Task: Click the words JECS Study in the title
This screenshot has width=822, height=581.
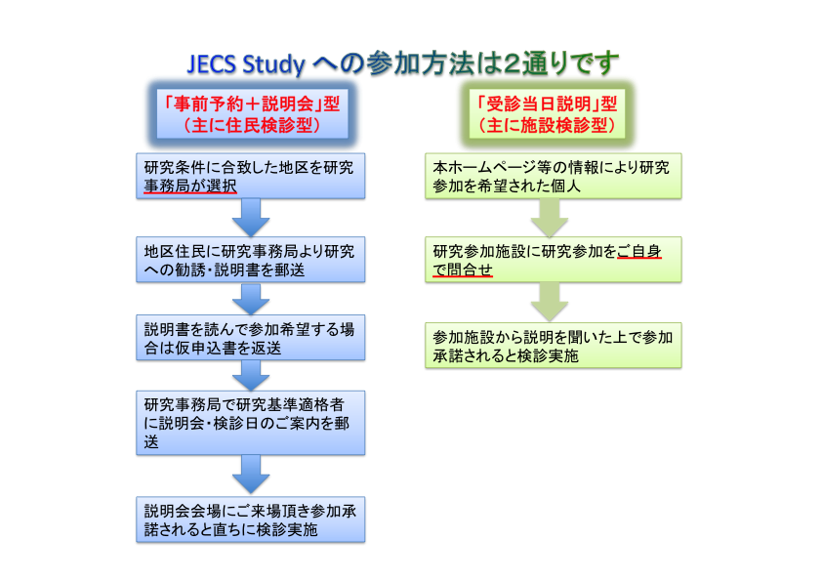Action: [246, 64]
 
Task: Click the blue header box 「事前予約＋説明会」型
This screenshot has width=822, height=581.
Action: [252, 114]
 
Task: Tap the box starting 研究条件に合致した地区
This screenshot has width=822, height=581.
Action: [251, 176]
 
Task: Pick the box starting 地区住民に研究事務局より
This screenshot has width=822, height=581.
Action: [251, 260]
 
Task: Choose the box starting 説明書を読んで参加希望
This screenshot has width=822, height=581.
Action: [251, 338]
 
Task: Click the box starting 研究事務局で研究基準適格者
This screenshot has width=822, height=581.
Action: [251, 423]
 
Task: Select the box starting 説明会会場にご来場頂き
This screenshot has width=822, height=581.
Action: [251, 519]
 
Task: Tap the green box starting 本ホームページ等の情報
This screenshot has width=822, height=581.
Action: [554, 176]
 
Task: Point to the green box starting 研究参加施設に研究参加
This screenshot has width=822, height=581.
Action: [554, 260]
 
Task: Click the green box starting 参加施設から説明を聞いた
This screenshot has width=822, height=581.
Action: [554, 346]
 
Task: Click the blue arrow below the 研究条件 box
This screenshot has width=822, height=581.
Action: [251, 218]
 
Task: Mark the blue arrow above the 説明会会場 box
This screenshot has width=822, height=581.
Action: [251, 475]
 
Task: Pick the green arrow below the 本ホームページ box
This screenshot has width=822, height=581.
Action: [550, 218]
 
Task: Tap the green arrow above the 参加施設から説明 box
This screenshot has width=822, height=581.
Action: [550, 302]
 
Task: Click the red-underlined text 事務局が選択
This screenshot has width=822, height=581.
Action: [190, 186]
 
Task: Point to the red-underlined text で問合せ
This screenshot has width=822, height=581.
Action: [463, 270]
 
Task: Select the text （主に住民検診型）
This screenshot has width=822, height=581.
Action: [252, 125]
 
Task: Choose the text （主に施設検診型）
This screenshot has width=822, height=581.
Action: [547, 125]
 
